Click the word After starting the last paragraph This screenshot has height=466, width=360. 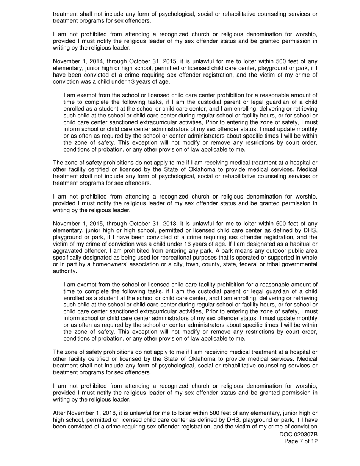[60, 413]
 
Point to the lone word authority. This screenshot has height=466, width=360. [65, 271]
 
